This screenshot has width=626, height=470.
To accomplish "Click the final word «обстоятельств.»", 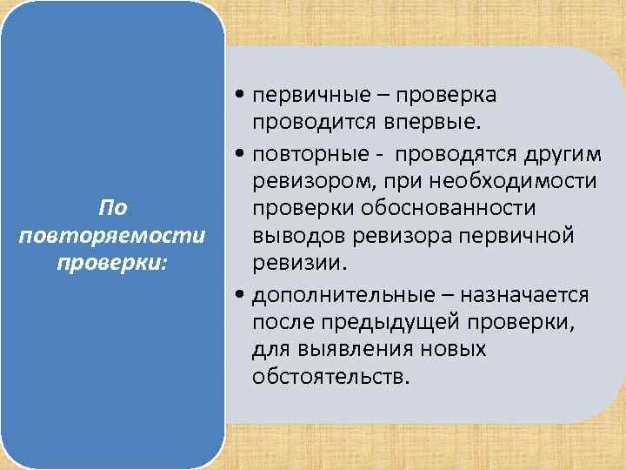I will (330, 379).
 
